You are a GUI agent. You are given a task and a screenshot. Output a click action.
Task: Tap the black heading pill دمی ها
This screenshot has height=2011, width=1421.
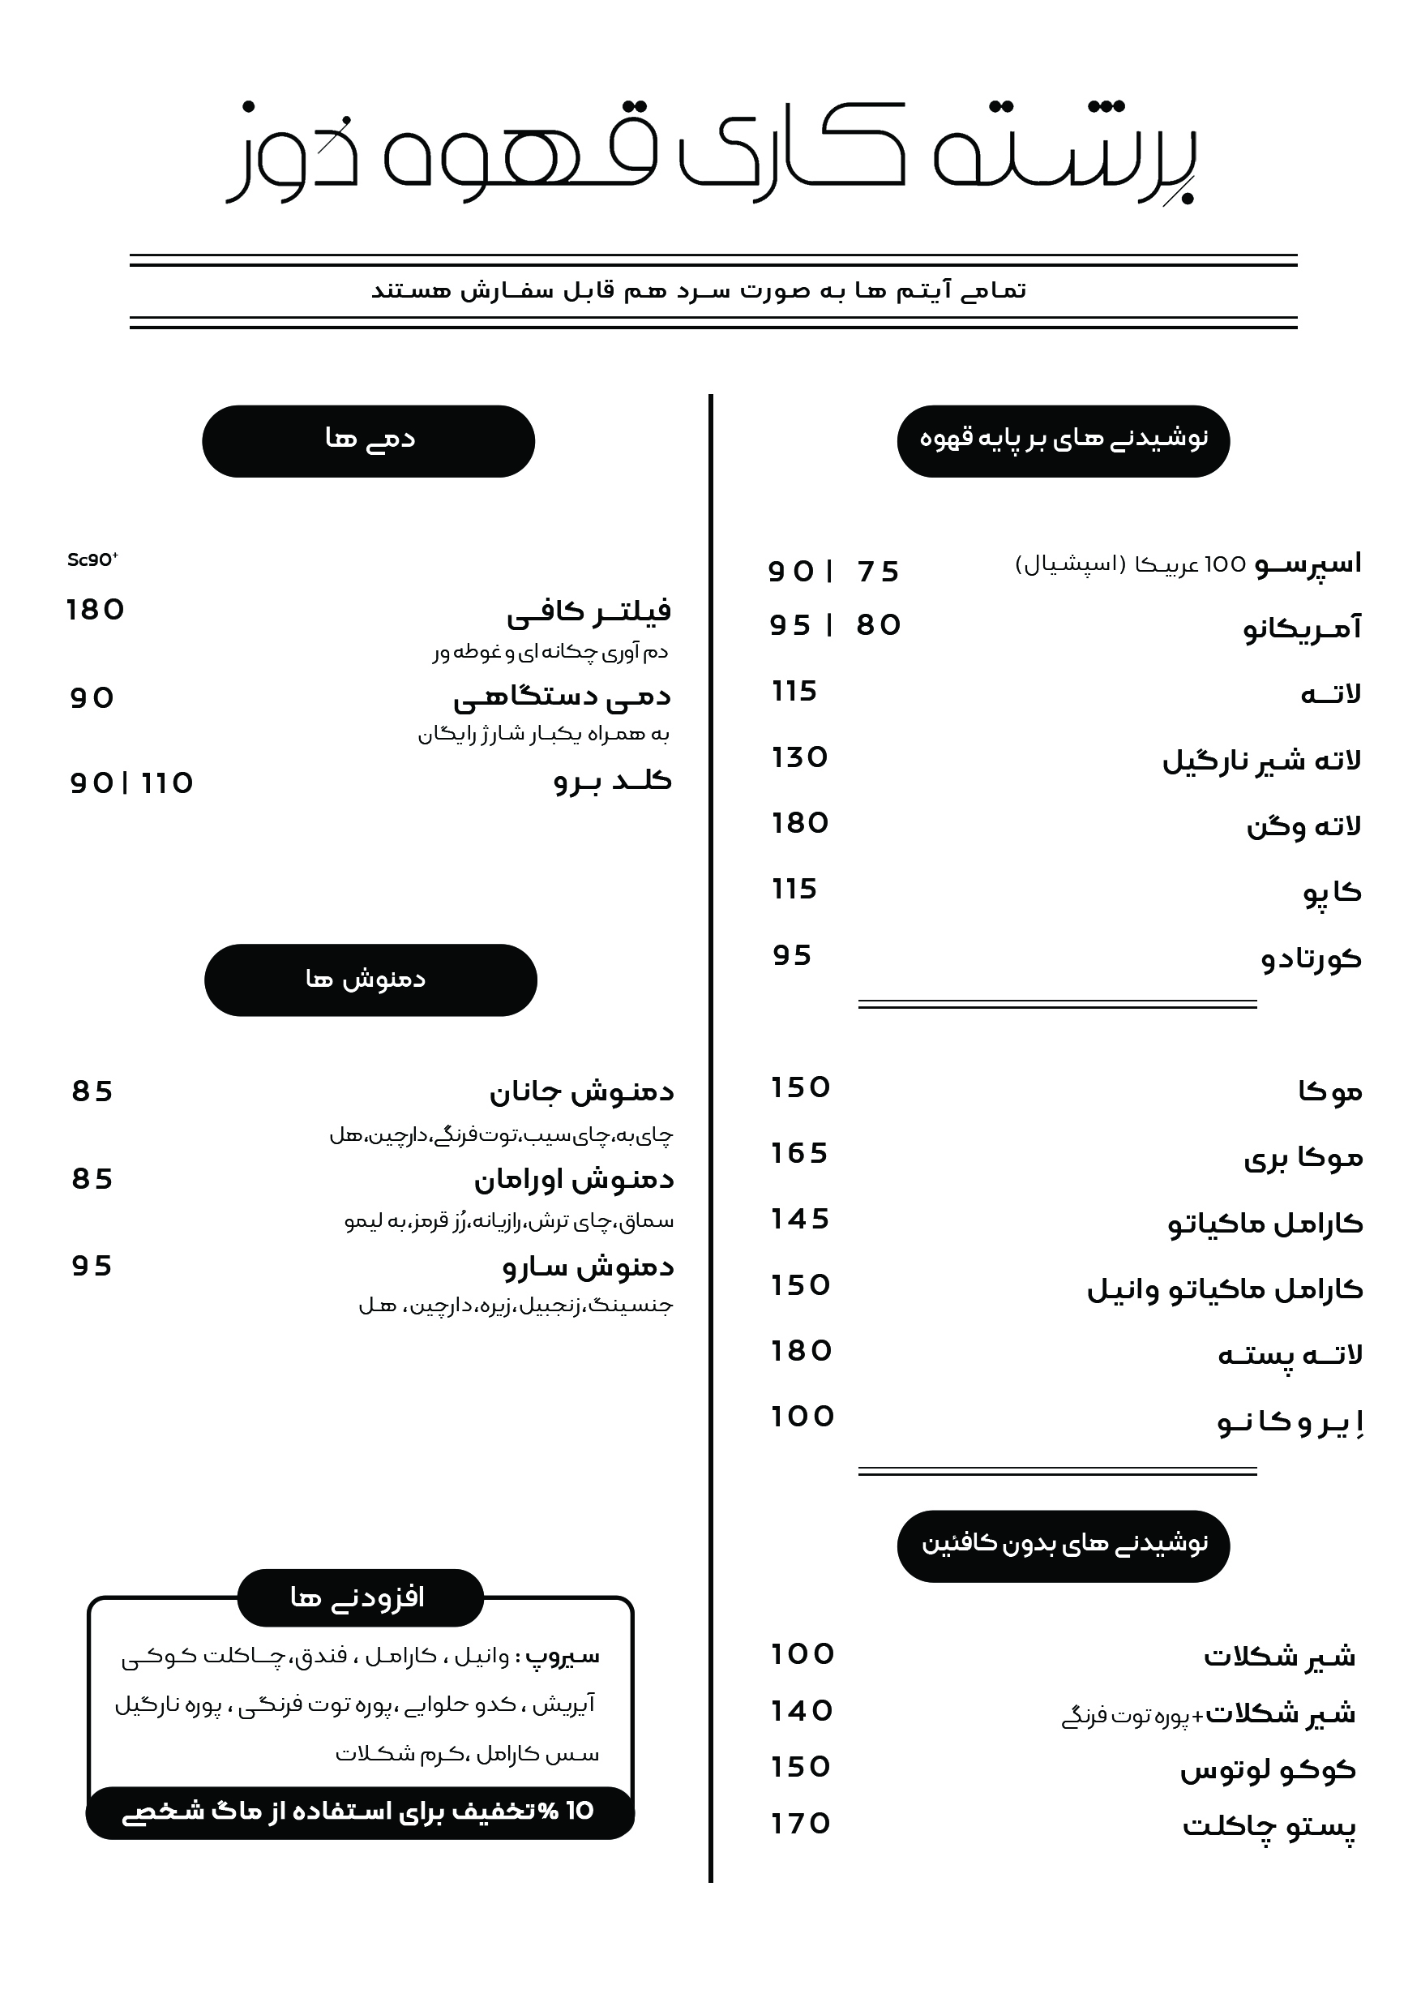(x=369, y=440)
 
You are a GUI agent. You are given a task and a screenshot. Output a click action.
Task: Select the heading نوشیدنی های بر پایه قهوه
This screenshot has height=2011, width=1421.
(x=1063, y=440)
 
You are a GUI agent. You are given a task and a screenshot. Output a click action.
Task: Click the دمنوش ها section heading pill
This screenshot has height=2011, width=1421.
(x=370, y=980)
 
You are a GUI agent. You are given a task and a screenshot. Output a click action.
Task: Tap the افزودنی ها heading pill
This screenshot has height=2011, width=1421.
(x=360, y=1597)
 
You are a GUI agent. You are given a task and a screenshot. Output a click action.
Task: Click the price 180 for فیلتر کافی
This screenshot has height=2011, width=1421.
(x=96, y=610)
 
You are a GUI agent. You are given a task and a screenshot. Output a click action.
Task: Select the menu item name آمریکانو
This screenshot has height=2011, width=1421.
(x=1302, y=627)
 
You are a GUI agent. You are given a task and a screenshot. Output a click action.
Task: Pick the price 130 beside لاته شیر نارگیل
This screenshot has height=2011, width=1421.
(x=799, y=757)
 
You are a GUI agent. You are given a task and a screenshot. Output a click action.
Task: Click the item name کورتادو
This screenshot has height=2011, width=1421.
(x=1311, y=958)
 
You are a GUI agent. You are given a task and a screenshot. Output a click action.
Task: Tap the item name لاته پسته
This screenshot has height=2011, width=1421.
(x=1290, y=1355)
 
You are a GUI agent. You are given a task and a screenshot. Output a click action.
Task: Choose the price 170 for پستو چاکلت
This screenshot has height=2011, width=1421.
(x=800, y=1824)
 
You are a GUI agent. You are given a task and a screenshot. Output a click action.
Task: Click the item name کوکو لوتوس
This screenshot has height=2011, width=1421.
(x=1267, y=1770)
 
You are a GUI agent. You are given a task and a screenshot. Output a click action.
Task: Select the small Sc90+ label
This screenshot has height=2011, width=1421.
(x=92, y=560)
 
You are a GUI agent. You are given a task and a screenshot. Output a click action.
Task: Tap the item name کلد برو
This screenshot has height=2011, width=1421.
(x=612, y=781)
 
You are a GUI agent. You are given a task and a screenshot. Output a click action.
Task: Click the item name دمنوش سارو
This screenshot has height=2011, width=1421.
(x=588, y=1267)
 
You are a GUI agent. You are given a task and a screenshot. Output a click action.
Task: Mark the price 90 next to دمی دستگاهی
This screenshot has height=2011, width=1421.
(x=92, y=698)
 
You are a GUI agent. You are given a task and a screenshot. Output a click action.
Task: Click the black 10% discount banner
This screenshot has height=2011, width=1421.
(x=360, y=1812)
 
